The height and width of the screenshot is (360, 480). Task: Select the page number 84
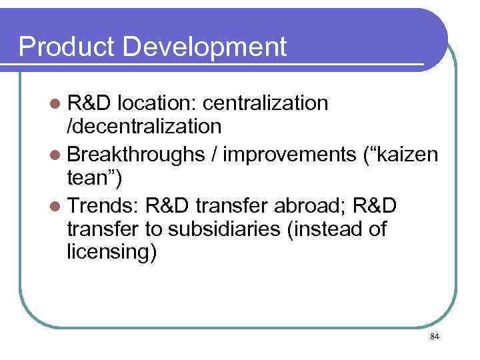435,337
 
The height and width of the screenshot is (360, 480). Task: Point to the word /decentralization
143,126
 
